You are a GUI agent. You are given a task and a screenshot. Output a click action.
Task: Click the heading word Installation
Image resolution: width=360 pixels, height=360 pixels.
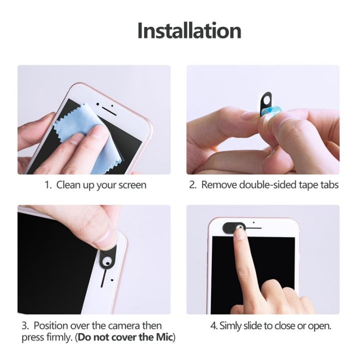tap(189, 30)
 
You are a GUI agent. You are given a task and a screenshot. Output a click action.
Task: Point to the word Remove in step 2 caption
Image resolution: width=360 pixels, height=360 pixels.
tap(219, 185)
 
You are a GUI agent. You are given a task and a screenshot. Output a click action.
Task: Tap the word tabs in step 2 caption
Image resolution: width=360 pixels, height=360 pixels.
tap(328, 185)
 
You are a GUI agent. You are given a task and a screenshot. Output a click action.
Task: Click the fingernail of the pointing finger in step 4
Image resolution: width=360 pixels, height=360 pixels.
tap(240, 234)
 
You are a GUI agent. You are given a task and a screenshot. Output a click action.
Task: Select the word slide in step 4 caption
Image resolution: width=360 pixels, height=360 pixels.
tap(259, 326)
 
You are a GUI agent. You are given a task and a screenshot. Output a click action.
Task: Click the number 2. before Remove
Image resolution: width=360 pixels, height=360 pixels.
tap(192, 185)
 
